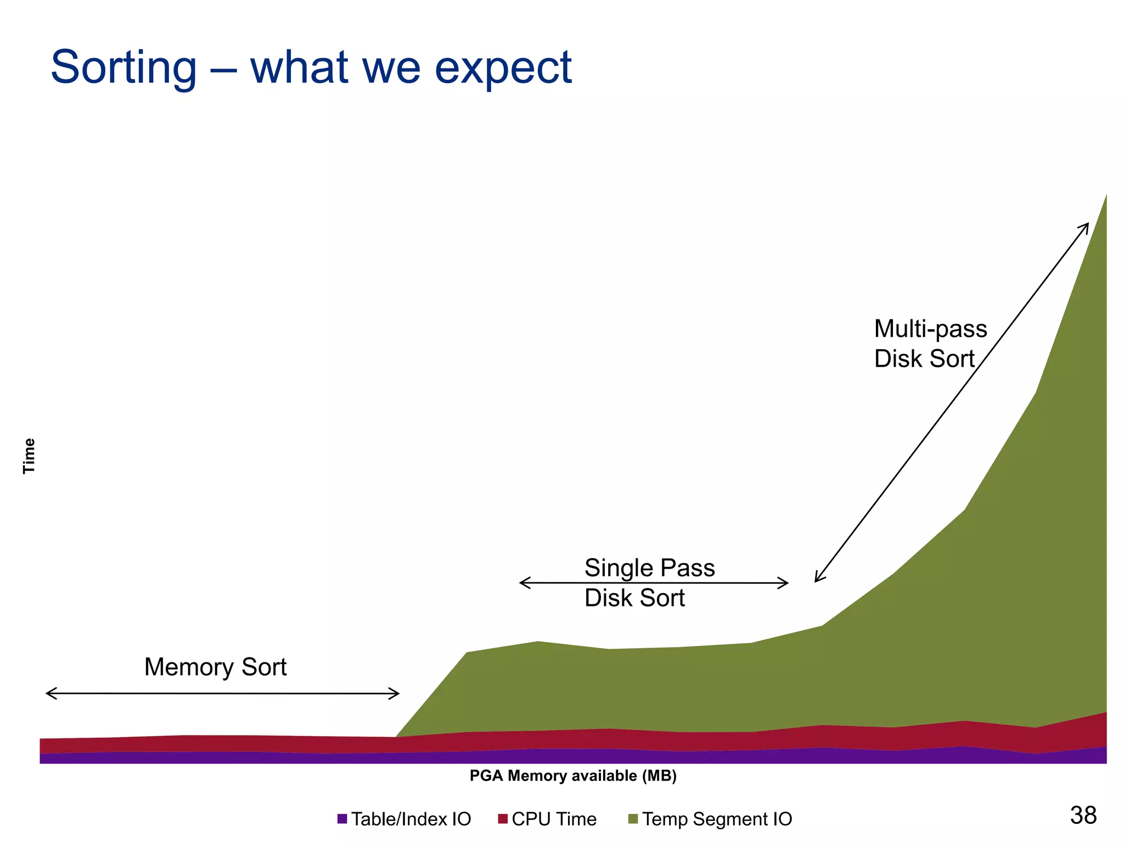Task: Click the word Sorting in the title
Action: pyautogui.click(x=123, y=68)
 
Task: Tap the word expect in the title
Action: pyautogui.click(x=503, y=68)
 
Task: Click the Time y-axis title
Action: pyautogui.click(x=29, y=456)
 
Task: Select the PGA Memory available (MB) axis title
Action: pyautogui.click(x=573, y=775)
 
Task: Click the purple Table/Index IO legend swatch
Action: pyautogui.click(x=342, y=819)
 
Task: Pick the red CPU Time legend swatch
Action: pyautogui.click(x=503, y=819)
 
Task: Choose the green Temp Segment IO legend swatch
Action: pyautogui.click(x=633, y=819)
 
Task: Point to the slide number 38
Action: pyautogui.click(x=1083, y=815)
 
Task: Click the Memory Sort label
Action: pyautogui.click(x=215, y=667)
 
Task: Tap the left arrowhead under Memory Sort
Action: pyautogui.click(x=48, y=693)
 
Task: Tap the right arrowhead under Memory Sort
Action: pyautogui.click(x=397, y=693)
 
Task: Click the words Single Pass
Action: pyautogui.click(x=649, y=567)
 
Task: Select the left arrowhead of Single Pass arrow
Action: pyautogui.click(x=521, y=583)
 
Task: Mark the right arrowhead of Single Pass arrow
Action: pyautogui.click(x=786, y=583)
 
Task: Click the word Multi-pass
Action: pyautogui.click(x=930, y=329)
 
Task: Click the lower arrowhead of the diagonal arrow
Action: pyautogui.click(x=816, y=580)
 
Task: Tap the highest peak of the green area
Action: pyautogui.click(x=1105, y=195)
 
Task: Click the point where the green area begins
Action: pyautogui.click(x=396, y=737)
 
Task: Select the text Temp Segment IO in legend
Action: pyautogui.click(x=717, y=819)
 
